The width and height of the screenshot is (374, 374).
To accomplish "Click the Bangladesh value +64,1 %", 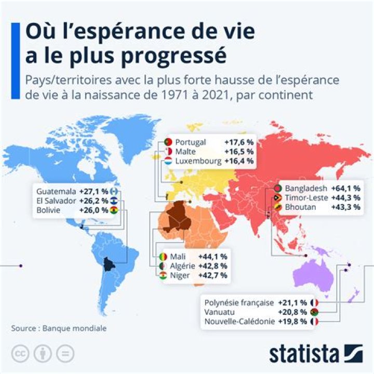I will click(346, 188).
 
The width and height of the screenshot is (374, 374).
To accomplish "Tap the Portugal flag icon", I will click(167, 142).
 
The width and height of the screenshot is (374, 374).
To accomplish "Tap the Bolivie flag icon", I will click(114, 210).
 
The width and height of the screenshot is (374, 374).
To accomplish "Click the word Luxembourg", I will click(197, 161).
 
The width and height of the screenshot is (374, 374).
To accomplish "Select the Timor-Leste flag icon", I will click(277, 198).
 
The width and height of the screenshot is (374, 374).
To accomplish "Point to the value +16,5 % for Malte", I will click(239, 152).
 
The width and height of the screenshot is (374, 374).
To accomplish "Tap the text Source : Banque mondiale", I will click(59, 328).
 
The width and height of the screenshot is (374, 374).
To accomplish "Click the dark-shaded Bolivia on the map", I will click(109, 264).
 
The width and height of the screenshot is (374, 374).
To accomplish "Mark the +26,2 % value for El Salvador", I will click(94, 201).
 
